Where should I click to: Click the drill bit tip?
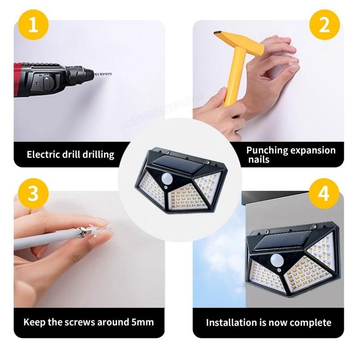(109, 73)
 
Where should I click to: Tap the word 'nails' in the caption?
(258, 159)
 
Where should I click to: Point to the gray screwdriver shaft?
(45, 241)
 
